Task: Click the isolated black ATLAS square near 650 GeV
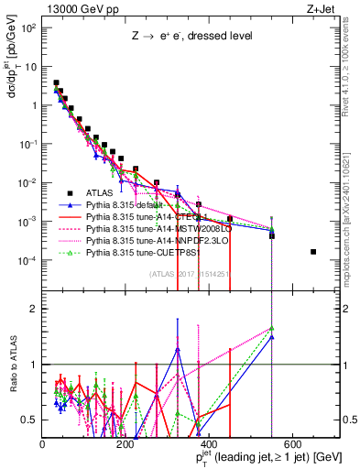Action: pos(314,251)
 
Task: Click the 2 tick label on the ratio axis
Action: pos(34,308)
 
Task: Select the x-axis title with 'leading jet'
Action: pos(269,458)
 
